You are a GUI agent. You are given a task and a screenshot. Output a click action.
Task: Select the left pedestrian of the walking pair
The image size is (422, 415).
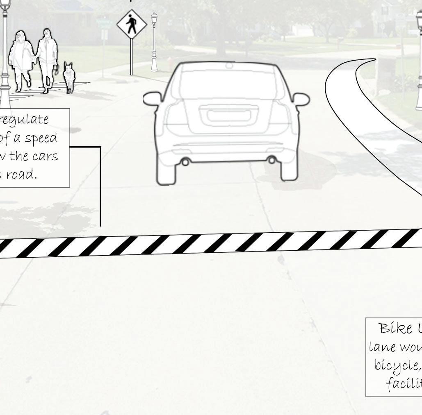point(22,59)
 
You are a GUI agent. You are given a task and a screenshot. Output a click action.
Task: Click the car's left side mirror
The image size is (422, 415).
point(152,99)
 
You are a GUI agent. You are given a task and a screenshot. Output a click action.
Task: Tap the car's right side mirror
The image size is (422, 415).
point(301,99)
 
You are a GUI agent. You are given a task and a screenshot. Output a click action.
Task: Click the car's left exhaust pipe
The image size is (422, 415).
point(185,162)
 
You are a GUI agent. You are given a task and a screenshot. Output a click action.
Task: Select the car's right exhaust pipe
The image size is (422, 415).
point(271,160)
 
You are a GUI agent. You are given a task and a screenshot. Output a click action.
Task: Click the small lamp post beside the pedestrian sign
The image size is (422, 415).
point(154,41)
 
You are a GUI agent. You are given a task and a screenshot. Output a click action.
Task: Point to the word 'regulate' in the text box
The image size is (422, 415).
point(28,120)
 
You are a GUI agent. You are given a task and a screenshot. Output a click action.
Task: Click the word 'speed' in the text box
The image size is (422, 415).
point(41,138)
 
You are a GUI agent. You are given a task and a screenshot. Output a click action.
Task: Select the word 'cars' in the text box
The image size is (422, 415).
point(45,156)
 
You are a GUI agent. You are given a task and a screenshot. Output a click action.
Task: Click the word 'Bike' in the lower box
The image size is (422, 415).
point(396,328)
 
